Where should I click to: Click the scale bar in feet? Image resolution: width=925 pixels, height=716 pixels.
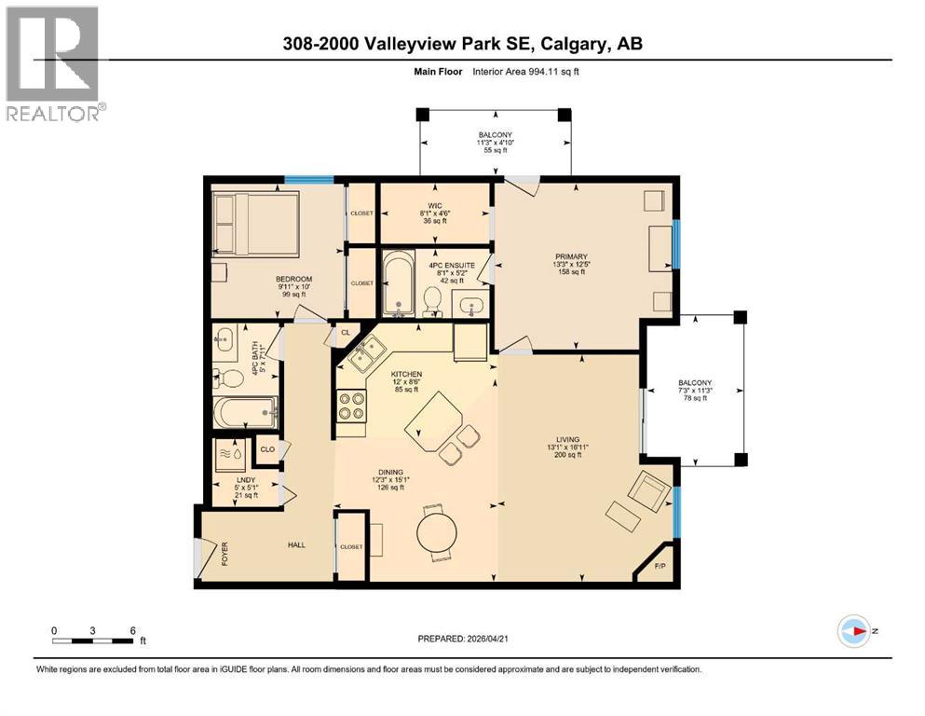(93, 640)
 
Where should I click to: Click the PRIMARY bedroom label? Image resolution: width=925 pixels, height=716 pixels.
(574, 256)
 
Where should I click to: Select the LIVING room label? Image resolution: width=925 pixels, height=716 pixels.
(568, 440)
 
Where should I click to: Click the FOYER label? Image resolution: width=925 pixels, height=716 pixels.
(224, 556)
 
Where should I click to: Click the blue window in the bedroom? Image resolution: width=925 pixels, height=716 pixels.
(309, 180)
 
